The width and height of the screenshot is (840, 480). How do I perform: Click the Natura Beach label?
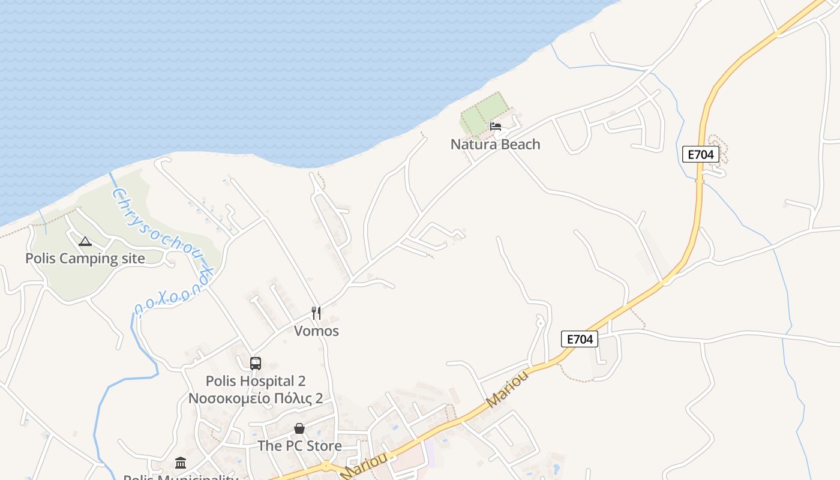click(495, 145)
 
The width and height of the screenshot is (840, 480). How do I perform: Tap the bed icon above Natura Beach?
click(495, 127)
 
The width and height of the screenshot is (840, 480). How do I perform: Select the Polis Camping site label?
click(85, 259)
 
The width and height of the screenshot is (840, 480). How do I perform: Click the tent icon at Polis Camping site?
click(85, 241)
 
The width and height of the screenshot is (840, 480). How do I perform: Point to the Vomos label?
click(316, 331)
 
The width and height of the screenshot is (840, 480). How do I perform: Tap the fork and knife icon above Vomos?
click(316, 313)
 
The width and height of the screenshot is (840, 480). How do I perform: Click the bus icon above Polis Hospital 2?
click(256, 364)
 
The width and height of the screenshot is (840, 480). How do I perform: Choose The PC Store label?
click(299, 446)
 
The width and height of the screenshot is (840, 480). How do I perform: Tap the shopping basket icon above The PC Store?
click(299, 428)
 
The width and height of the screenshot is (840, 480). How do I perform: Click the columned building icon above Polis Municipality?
click(181, 463)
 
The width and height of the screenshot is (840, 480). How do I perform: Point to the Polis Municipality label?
click(181, 477)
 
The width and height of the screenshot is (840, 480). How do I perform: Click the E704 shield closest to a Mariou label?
click(580, 339)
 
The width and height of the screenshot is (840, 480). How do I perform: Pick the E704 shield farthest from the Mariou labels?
click(700, 154)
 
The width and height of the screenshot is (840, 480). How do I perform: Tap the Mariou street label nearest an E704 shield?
click(509, 389)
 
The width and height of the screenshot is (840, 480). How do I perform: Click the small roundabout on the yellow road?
click(326, 466)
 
